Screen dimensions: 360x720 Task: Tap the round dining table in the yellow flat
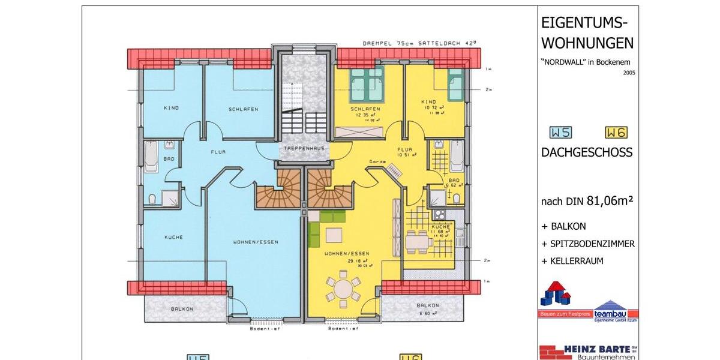tap(343, 289)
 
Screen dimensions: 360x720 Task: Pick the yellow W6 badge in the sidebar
tap(617, 133)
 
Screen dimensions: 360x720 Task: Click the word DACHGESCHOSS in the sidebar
tap(586, 152)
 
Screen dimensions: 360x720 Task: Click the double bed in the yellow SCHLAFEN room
tap(367, 83)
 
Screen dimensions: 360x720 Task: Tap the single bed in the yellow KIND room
tap(456, 85)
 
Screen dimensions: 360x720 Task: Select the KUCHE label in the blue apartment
tap(173, 237)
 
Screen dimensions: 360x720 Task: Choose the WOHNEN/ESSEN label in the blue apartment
tap(256, 242)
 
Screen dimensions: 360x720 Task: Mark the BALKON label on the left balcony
tap(182, 308)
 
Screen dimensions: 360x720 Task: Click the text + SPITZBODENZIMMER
tap(587, 244)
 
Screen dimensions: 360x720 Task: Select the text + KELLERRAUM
tap(572, 261)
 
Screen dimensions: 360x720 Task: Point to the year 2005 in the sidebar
tap(628, 73)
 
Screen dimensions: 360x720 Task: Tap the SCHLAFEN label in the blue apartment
tap(243, 109)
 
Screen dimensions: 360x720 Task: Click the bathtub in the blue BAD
tap(151, 157)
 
